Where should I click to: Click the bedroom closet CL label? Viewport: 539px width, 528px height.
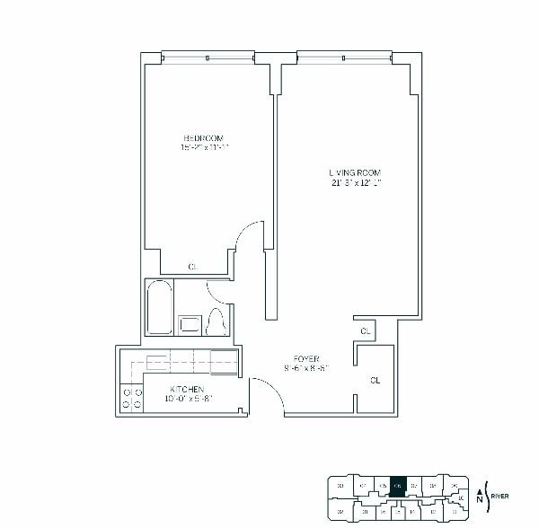click(x=192, y=267)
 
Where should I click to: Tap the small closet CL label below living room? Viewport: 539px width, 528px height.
click(x=365, y=331)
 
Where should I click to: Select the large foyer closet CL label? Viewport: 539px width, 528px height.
click(x=375, y=380)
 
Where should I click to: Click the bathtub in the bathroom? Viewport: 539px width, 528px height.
click(x=160, y=308)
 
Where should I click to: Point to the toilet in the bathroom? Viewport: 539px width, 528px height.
click(x=216, y=321)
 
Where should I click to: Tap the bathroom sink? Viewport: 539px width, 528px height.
click(x=190, y=324)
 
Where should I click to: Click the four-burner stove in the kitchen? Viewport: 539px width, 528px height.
click(x=132, y=398)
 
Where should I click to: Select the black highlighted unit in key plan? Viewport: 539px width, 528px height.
click(x=399, y=484)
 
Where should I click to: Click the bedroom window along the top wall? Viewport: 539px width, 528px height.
click(x=208, y=57)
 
